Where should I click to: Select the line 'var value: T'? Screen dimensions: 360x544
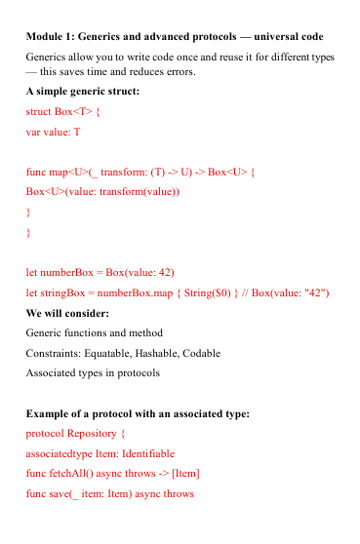(54, 131)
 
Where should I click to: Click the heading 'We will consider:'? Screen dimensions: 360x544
(67, 313)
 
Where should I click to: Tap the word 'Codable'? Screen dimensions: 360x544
(203, 353)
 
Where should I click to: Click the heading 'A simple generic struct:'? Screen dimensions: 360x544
(83, 92)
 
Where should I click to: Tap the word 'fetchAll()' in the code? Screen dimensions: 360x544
(71, 474)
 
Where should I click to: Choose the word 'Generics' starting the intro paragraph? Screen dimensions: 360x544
(49, 58)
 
